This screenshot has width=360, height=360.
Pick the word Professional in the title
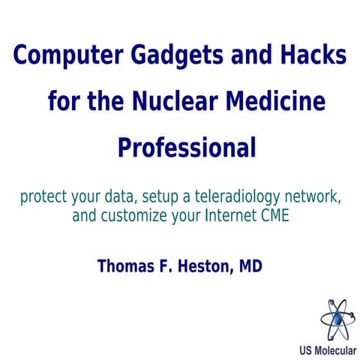coord(187,145)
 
